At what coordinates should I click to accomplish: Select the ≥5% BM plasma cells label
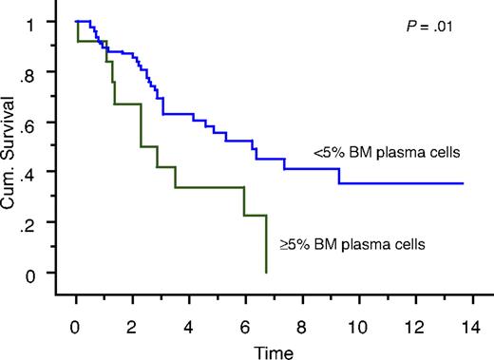click(351, 244)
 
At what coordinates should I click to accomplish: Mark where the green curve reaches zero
click(266, 273)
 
